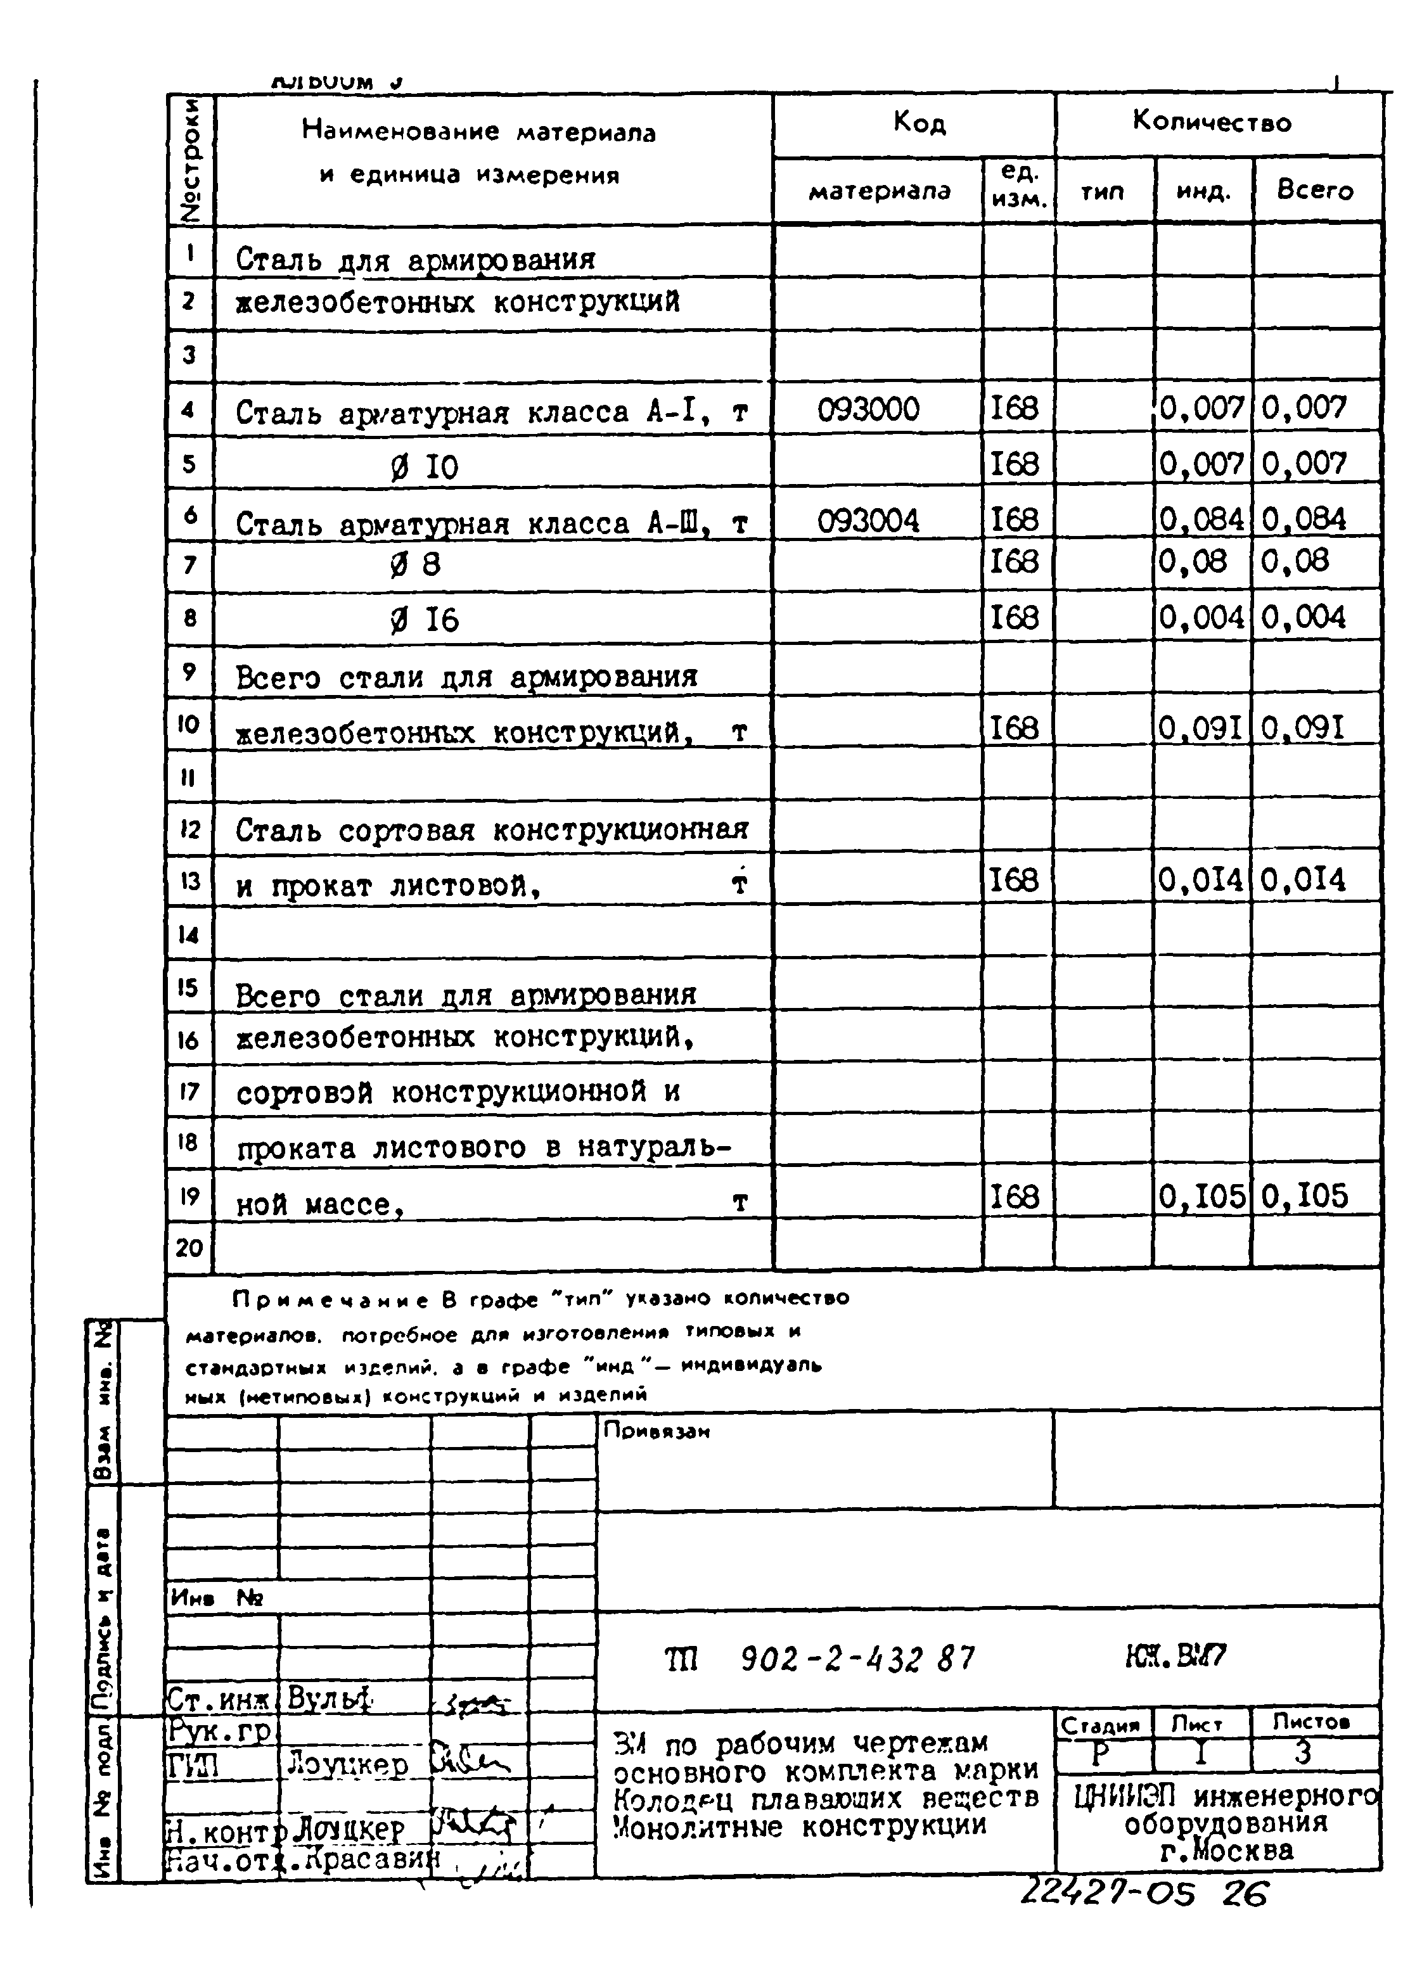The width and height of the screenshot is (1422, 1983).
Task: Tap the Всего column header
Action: click(x=1314, y=189)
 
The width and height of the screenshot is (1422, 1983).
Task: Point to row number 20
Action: click(x=189, y=1247)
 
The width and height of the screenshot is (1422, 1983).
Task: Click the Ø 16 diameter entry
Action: click(x=424, y=620)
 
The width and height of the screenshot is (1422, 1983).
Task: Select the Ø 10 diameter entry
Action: click(x=424, y=467)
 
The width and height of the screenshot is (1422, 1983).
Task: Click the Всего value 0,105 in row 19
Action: click(x=1305, y=1196)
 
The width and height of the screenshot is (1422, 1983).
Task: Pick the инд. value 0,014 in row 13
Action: click(x=1200, y=879)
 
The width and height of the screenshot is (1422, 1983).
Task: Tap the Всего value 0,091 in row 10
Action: click(x=1302, y=727)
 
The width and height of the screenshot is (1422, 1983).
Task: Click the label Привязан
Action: click(x=656, y=1431)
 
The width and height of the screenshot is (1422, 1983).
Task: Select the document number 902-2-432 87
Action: click(x=857, y=1658)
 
